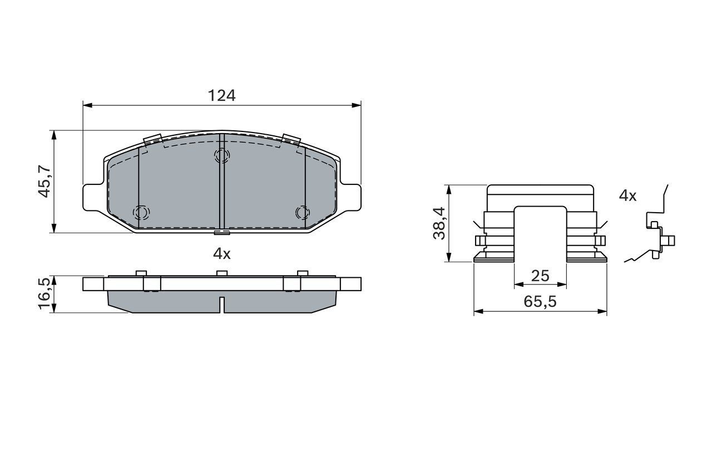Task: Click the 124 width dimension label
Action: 221,95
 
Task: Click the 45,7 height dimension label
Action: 44,182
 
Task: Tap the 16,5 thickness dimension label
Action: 44,293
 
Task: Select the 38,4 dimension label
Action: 439,223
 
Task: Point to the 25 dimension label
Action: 540,276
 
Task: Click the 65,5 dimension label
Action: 540,301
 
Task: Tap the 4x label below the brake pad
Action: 222,253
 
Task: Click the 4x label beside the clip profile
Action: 628,195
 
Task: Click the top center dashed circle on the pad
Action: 222,155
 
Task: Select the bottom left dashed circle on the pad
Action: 141,212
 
